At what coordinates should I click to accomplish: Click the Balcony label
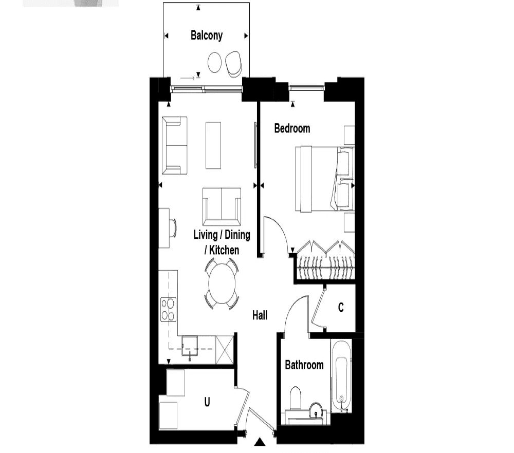point(207,35)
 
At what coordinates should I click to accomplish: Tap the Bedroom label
point(292,128)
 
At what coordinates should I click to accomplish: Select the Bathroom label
point(304,365)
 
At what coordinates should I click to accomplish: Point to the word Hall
point(260,315)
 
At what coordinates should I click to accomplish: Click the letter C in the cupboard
point(341,307)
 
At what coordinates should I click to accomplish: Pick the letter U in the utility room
point(207,402)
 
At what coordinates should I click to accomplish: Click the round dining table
point(222,284)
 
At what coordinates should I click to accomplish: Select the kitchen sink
point(190,346)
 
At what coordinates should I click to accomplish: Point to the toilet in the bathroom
point(296,398)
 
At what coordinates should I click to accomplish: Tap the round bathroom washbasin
point(316,410)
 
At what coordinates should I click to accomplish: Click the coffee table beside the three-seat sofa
point(213,145)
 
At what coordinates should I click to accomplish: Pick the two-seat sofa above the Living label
point(222,206)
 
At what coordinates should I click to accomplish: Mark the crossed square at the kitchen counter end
point(225,350)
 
